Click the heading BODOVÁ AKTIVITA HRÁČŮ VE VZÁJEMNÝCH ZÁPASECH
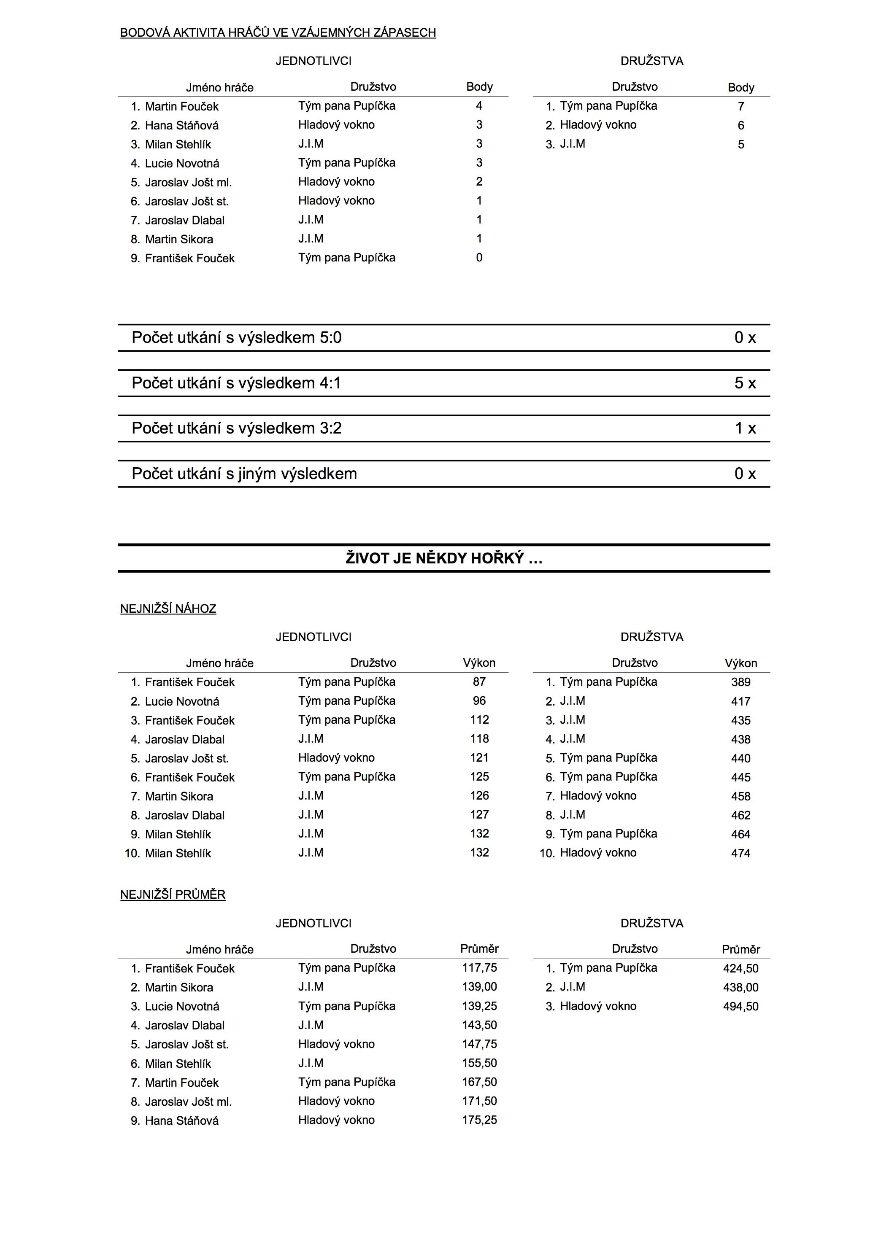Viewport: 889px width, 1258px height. click(x=278, y=33)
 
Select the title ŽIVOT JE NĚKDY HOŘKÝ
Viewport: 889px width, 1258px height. click(x=443, y=558)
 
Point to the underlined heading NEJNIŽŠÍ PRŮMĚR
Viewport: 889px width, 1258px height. click(x=173, y=895)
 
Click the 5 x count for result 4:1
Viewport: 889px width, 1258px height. click(x=745, y=383)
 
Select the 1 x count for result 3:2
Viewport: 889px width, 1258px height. click(x=745, y=428)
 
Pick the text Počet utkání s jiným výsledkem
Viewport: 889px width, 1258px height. click(x=244, y=474)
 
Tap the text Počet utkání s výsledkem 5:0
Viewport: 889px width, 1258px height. click(x=236, y=337)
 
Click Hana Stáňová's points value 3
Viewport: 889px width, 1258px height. click(x=479, y=125)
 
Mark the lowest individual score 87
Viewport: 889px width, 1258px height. click(x=479, y=682)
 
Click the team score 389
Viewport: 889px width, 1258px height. click(x=740, y=682)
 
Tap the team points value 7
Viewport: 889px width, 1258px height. click(x=740, y=106)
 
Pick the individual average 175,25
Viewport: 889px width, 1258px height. click(x=479, y=1120)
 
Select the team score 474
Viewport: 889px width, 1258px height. click(x=740, y=853)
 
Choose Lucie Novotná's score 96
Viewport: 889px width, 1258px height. click(x=479, y=701)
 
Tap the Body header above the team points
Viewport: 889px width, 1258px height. click(x=740, y=87)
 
